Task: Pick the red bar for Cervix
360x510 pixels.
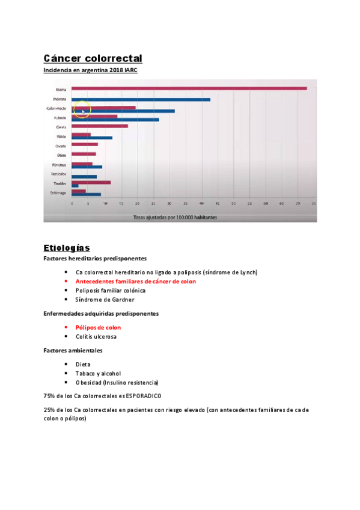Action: click(100, 126)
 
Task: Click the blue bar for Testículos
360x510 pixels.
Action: click(84, 177)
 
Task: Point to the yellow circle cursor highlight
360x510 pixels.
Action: click(82, 109)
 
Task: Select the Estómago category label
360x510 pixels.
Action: click(58, 192)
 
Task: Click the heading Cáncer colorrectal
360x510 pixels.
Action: click(93, 58)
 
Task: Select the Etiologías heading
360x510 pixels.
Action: click(67, 247)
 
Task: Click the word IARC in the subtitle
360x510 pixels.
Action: click(130, 70)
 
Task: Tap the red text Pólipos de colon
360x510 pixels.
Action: click(98, 328)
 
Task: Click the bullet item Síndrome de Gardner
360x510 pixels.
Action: click(105, 300)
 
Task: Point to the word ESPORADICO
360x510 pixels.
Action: click(143, 396)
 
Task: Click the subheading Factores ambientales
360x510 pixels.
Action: click(73, 351)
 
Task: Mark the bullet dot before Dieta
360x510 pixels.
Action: click(66, 364)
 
